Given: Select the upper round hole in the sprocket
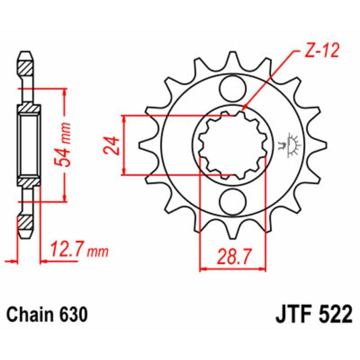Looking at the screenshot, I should click(x=233, y=86).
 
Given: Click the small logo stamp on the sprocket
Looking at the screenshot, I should click(x=292, y=144).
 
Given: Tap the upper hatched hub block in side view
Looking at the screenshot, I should click(x=29, y=108).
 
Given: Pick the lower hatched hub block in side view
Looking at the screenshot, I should click(x=29, y=180).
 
